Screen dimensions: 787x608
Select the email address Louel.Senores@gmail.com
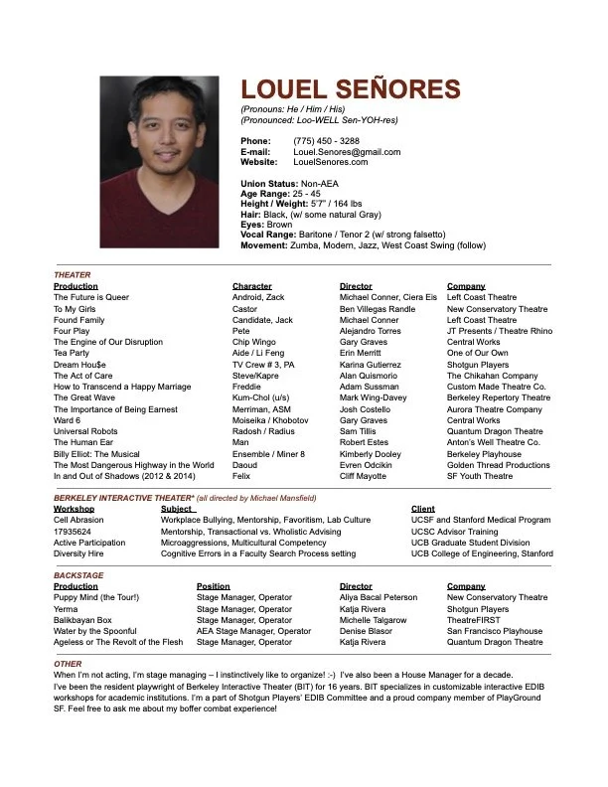(347, 152)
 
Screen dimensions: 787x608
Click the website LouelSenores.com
(330, 162)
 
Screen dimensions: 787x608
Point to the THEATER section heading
(72, 274)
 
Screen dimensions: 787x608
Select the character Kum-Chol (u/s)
(261, 397)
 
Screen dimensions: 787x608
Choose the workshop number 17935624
(73, 532)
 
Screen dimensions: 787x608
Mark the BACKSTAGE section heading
(77, 575)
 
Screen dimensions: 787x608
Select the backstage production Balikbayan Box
(83, 619)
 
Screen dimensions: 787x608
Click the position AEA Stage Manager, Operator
(253, 631)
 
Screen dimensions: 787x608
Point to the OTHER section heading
(68, 663)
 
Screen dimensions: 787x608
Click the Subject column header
(177, 509)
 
